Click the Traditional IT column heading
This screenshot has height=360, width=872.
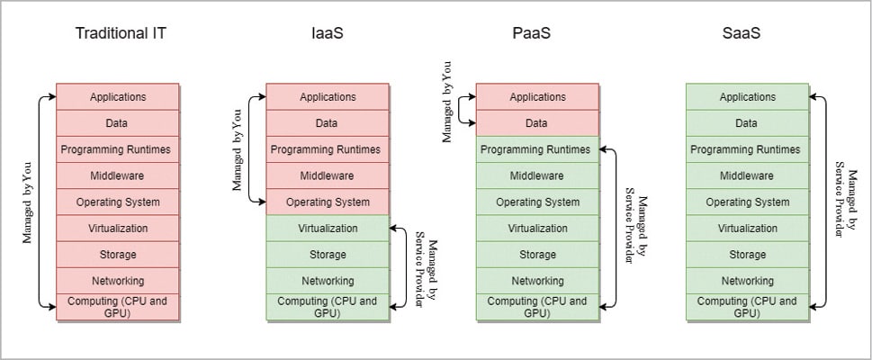click(121, 34)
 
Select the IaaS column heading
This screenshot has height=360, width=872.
click(328, 34)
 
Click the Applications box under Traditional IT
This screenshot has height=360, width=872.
click(118, 96)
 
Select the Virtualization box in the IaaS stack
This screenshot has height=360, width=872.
click(328, 229)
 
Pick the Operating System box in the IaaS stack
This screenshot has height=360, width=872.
click(328, 202)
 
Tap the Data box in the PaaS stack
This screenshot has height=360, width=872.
click(537, 123)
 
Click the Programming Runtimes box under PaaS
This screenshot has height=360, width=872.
click(537, 149)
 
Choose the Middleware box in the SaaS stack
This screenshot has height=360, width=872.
click(748, 175)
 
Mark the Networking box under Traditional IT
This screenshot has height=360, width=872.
click(118, 281)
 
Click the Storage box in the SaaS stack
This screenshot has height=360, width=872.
click(748, 255)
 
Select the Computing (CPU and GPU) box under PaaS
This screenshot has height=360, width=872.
click(537, 306)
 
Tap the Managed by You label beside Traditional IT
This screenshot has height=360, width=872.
click(28, 202)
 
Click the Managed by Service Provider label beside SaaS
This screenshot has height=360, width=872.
click(845, 202)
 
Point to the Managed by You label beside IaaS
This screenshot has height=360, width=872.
click(238, 149)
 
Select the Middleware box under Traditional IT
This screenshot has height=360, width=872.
click(118, 175)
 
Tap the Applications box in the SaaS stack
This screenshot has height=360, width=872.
click(748, 96)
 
